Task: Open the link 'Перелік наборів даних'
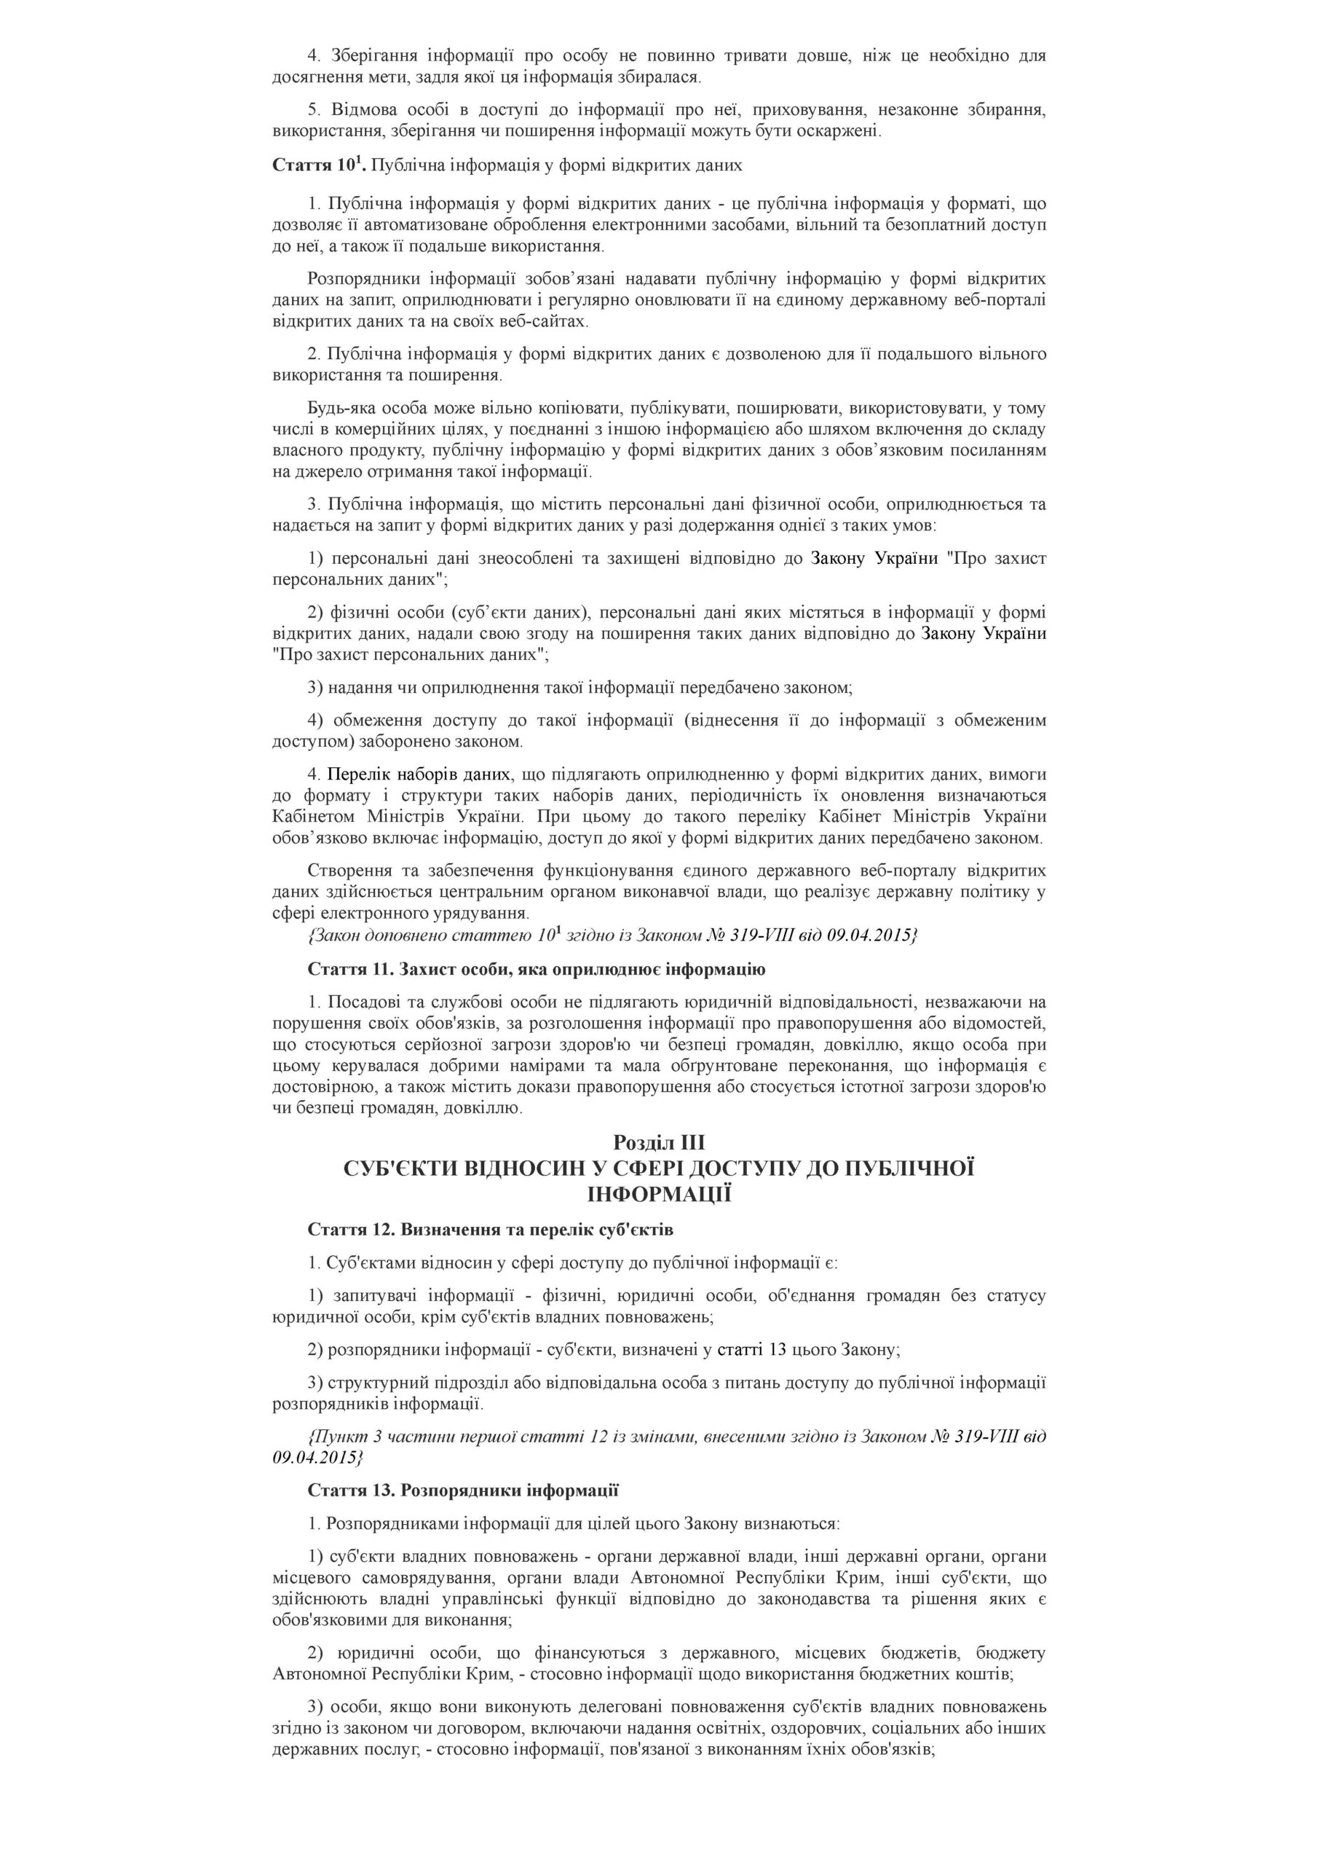click(419, 773)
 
